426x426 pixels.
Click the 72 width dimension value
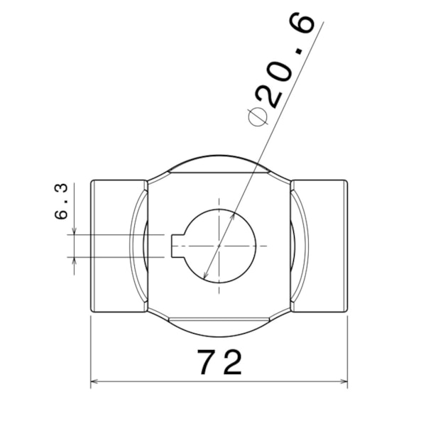tap(219, 362)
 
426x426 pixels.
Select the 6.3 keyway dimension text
tap(61, 202)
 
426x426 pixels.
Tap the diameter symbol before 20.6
tap(258, 117)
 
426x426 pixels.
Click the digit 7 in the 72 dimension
tap(207, 362)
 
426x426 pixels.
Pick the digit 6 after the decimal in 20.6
tap(302, 23)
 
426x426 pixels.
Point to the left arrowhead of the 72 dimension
tap(94, 381)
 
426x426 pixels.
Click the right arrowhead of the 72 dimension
tap(344, 381)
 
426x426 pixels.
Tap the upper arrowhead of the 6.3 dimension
tap(74, 231)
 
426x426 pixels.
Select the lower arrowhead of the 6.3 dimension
tap(74, 261)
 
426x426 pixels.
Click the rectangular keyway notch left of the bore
tap(178, 246)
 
